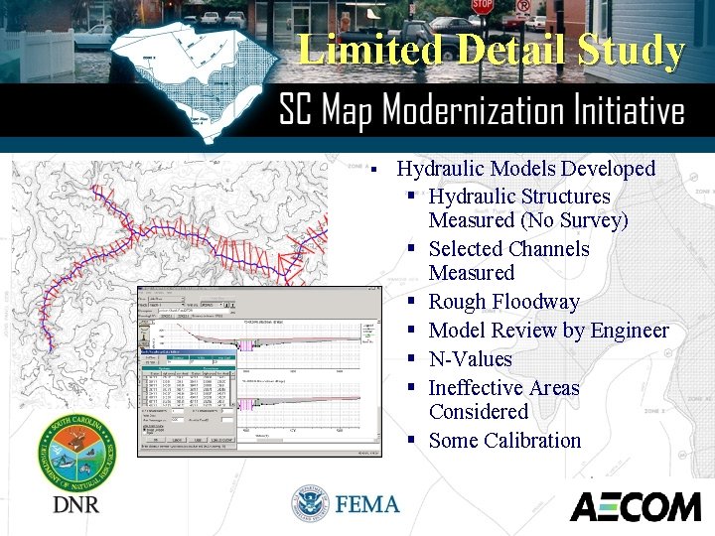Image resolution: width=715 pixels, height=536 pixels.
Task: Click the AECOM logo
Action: pos(636,506)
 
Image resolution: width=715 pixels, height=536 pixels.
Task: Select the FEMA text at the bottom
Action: pos(367,504)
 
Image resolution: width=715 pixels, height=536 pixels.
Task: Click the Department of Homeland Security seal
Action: pos(310,504)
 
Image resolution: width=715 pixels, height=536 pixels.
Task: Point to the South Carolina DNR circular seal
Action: pos(74,453)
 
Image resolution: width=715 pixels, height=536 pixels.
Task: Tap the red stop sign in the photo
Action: pos(482,6)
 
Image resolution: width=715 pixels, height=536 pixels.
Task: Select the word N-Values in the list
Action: pos(470,359)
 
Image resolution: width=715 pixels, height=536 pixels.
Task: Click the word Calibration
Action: pos(532,441)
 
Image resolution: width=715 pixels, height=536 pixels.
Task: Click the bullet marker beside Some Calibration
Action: pos(410,441)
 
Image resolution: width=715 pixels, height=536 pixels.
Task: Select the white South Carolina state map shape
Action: pos(189,79)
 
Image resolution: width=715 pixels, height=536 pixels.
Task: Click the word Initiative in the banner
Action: pos(625,110)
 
